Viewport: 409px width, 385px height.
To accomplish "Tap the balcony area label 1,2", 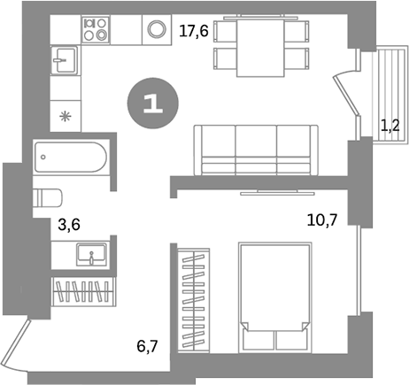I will [389, 127].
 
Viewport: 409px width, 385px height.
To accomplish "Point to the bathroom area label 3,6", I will [68, 224].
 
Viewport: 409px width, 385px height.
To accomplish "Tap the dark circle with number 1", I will [152, 104].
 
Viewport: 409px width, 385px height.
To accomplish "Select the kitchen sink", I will [63, 62].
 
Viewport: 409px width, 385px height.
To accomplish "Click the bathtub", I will [71, 160].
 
